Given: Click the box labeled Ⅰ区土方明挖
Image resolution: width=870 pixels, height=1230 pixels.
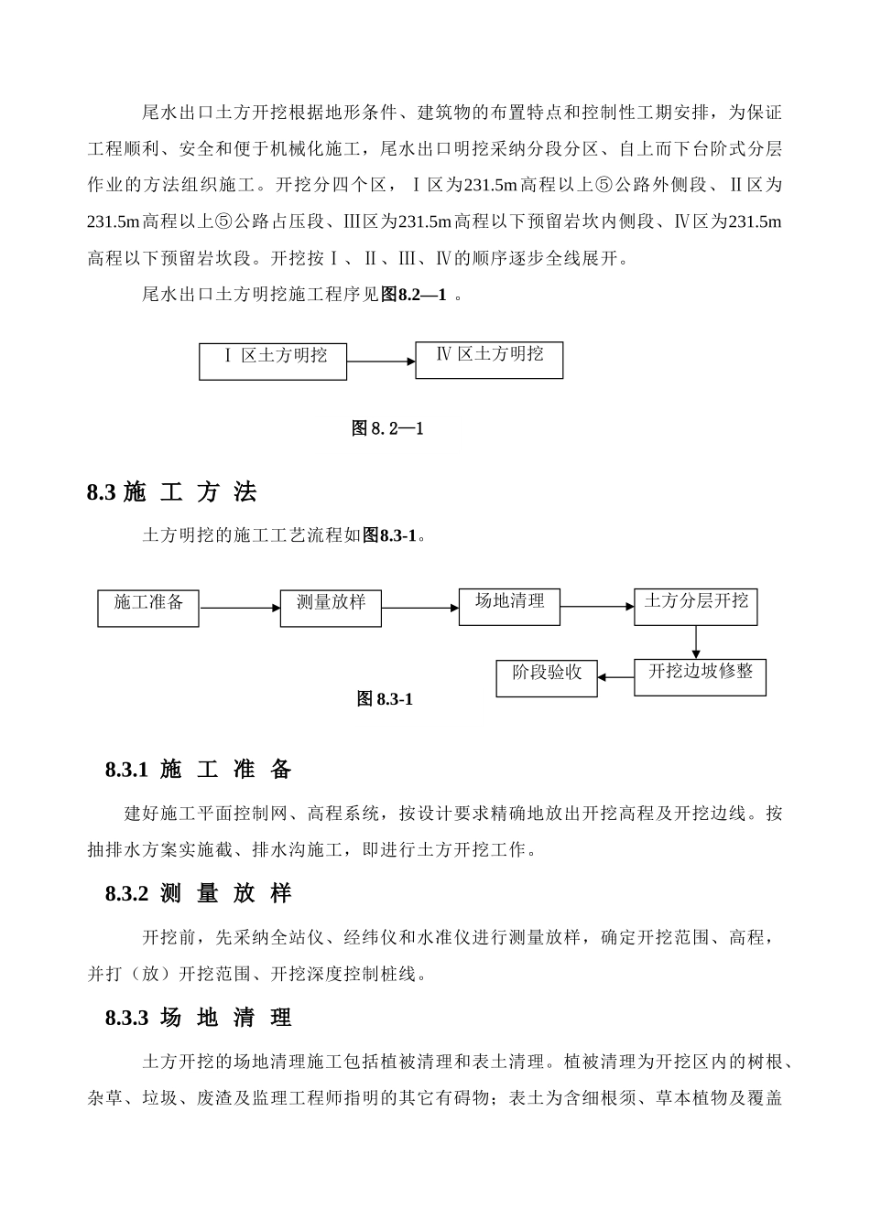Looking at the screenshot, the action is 273,361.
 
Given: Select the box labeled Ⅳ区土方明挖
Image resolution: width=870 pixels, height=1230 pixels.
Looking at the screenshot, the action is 489,360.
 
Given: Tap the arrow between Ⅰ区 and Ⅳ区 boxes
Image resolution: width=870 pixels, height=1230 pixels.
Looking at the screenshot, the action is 381,361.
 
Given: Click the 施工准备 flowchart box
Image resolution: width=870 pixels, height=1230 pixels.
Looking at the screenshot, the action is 148,608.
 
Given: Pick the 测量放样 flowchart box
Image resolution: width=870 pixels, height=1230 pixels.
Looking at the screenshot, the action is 331,608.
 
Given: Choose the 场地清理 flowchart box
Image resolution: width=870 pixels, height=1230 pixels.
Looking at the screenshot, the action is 509,606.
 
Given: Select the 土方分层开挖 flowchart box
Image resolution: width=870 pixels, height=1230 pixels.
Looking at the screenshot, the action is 696,606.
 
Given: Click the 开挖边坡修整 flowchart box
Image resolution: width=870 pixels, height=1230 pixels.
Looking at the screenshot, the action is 700,676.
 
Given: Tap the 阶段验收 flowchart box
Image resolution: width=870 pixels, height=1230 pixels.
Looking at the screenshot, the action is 547,678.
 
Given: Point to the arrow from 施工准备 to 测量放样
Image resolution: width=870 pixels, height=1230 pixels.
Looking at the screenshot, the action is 240,608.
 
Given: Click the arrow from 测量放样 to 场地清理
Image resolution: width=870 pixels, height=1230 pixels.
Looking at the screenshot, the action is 420,608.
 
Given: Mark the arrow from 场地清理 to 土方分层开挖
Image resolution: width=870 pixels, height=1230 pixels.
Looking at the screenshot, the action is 597,606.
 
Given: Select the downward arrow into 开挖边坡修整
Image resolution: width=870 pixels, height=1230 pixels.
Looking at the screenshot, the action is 696,642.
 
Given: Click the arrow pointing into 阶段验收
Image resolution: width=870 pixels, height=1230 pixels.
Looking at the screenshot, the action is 616,678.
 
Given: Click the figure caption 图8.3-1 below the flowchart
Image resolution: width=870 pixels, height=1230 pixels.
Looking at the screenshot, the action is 386,699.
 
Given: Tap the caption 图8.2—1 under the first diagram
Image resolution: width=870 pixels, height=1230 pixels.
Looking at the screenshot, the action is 387,427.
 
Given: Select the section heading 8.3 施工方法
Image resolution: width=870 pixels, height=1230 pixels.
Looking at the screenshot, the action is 172,492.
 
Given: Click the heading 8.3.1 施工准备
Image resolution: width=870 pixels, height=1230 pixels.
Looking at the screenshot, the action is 199,770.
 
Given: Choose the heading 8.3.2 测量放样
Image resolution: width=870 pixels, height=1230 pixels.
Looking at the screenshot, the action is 199,894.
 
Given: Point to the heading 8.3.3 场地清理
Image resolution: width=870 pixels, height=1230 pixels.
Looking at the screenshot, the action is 199,1018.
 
